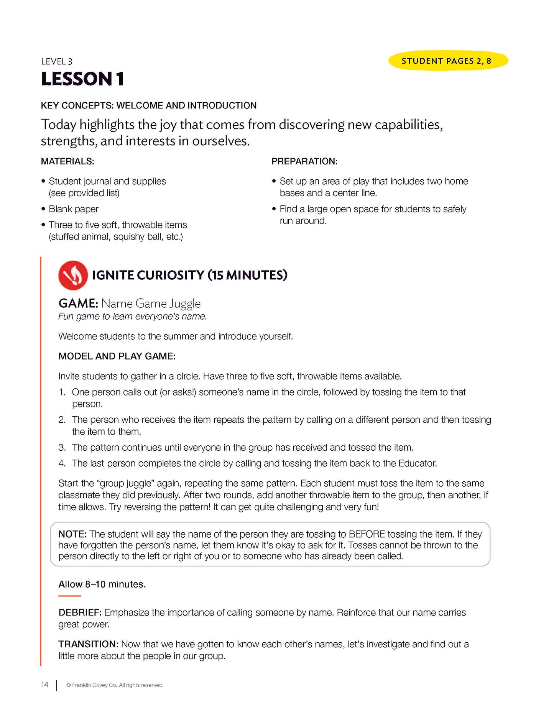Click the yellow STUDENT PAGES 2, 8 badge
click(448, 61)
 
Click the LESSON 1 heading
click(82, 79)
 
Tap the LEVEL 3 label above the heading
click(57, 61)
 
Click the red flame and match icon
click(73, 275)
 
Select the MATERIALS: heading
click(67, 161)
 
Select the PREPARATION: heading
click(304, 161)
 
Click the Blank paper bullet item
click(74, 209)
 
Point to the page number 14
click(45, 685)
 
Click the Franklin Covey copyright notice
click(114, 685)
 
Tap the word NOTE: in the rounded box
click(72, 534)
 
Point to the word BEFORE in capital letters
click(367, 534)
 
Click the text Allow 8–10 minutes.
click(102, 584)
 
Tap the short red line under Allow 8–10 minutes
click(70, 596)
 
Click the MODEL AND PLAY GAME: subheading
click(117, 356)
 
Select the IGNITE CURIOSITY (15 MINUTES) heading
click(189, 275)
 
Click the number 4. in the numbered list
click(62, 463)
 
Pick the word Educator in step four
click(417, 463)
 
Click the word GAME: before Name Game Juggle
click(78, 304)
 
